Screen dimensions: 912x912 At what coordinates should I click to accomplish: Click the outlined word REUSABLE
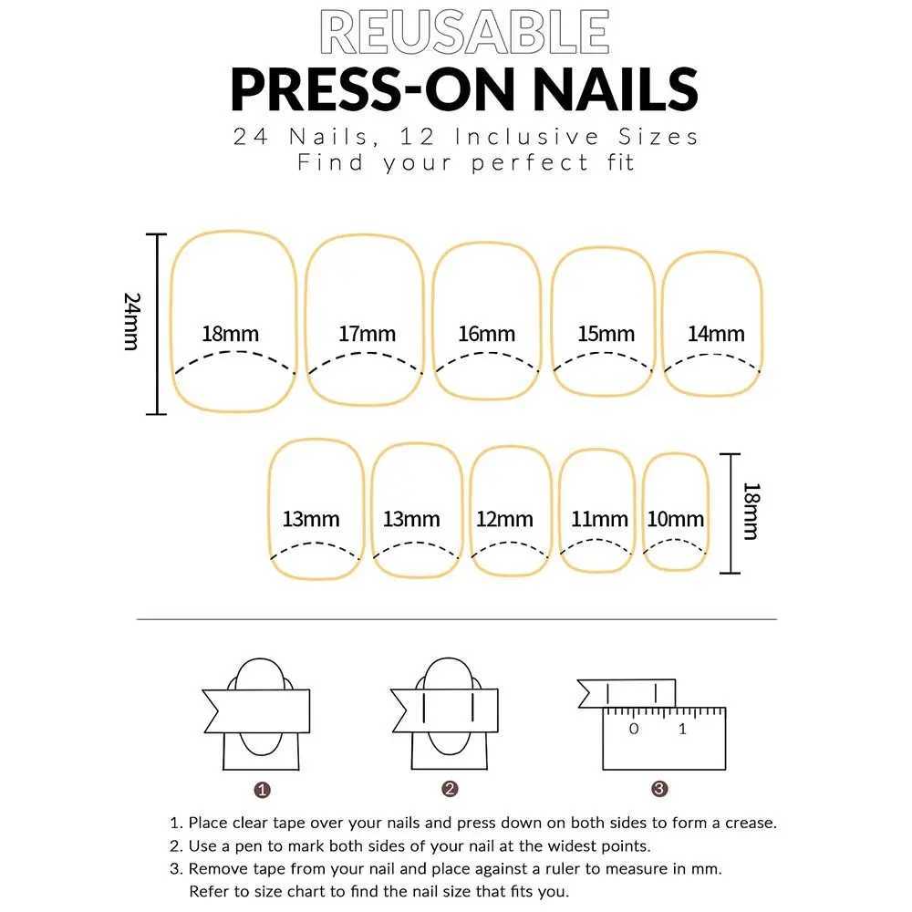(x=465, y=33)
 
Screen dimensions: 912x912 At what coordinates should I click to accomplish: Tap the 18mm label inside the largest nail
(x=230, y=333)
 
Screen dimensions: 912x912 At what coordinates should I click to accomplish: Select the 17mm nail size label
(x=367, y=333)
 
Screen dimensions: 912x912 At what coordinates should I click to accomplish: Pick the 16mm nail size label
(x=486, y=334)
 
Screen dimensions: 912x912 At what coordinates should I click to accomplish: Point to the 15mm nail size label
(x=606, y=334)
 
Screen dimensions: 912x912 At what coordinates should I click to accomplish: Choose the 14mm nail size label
(x=716, y=334)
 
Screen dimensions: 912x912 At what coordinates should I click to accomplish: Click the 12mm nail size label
(x=504, y=520)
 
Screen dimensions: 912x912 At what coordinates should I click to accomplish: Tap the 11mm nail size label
(x=599, y=520)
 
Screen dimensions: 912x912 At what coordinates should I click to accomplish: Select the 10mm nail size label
(x=676, y=520)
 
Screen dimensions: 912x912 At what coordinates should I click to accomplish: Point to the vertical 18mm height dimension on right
(x=750, y=512)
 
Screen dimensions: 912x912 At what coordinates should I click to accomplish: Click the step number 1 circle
(x=262, y=789)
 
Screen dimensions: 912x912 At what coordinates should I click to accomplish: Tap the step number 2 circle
(x=449, y=789)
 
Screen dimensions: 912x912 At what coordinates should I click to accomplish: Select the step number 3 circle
(x=659, y=789)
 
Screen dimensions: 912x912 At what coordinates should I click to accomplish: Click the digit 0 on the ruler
(x=634, y=730)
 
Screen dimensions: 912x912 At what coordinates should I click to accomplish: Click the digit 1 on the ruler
(x=682, y=730)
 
